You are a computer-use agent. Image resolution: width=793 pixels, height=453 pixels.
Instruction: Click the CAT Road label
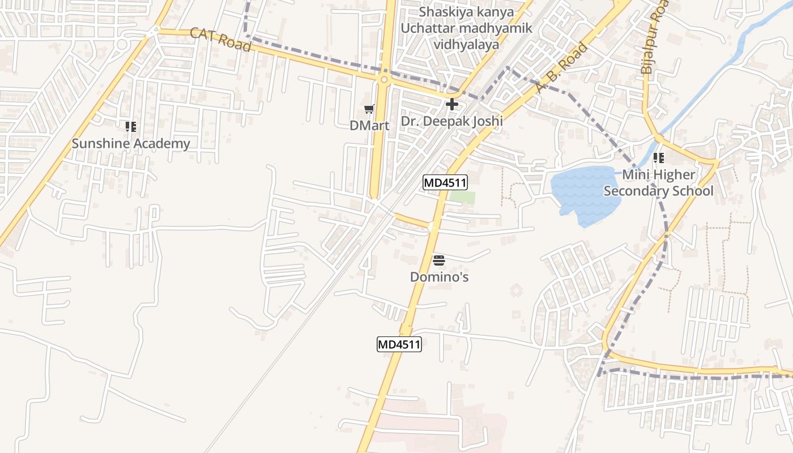(x=221, y=40)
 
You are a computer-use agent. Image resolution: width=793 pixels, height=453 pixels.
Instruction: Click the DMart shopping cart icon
(x=369, y=109)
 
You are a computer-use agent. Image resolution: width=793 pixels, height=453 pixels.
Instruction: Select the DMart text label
(x=369, y=126)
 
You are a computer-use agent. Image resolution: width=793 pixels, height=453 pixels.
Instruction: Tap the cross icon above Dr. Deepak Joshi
(x=452, y=104)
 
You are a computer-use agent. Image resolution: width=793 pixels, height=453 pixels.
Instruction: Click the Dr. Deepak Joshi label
(x=452, y=121)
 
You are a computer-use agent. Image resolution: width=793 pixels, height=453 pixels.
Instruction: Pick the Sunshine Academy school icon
(x=131, y=127)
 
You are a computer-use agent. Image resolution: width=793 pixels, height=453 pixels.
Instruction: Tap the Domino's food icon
(x=439, y=260)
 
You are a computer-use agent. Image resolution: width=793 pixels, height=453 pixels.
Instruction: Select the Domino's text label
(x=440, y=277)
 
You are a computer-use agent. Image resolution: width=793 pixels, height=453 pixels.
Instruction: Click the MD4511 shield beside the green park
(x=445, y=182)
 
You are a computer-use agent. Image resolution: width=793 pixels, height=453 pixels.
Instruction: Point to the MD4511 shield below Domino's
(x=399, y=344)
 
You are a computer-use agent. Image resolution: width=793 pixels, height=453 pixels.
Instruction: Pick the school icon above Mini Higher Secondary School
(x=658, y=158)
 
